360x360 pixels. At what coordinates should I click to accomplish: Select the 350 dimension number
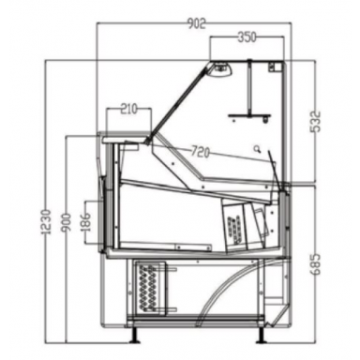(x=246, y=38)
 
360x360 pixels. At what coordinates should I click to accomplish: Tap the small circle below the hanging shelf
(x=254, y=148)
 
